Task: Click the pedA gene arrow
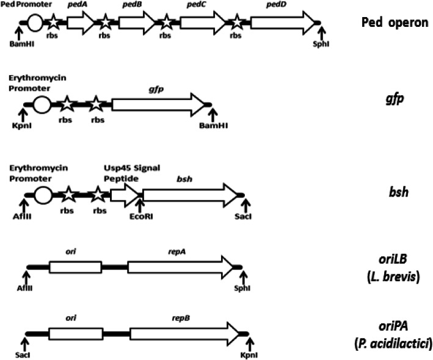[80, 23]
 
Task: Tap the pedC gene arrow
[202, 23]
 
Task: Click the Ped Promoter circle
[35, 23]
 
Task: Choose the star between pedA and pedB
[105, 23]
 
